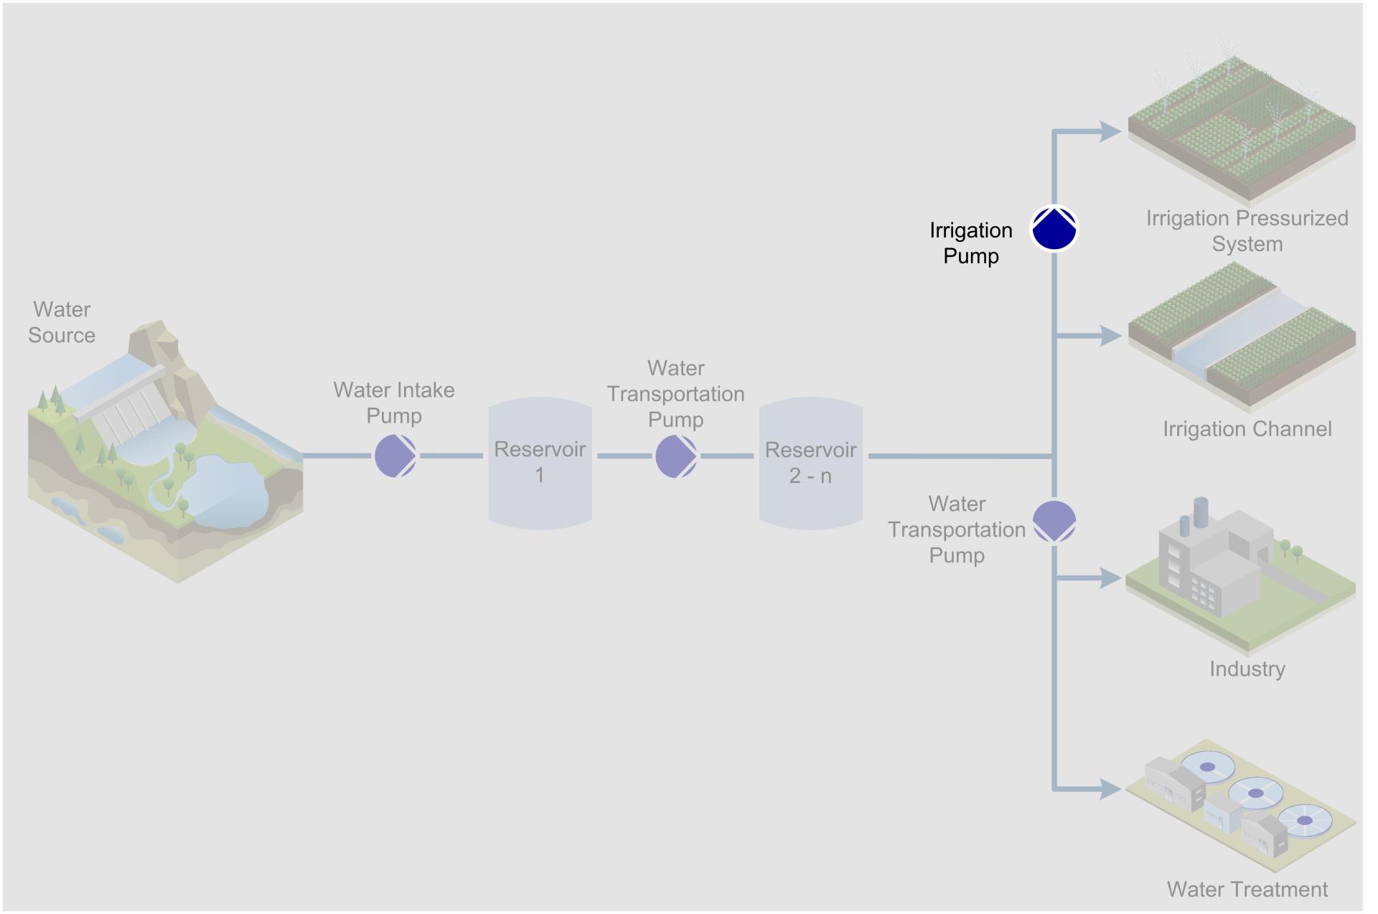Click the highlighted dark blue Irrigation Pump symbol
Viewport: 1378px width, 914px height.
[1054, 229]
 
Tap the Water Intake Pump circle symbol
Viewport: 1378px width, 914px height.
[395, 456]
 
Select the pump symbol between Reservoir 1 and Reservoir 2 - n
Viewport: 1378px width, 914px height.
[676, 456]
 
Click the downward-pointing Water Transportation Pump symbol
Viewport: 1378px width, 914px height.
[1054, 522]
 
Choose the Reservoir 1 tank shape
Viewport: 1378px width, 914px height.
[540, 463]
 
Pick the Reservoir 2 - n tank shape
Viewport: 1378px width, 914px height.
[810, 463]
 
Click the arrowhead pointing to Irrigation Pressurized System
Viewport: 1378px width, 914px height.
[1110, 131]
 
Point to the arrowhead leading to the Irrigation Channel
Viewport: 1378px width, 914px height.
[1110, 335]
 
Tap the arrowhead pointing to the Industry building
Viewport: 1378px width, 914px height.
[1110, 578]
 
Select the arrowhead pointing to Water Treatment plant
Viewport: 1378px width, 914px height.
[1110, 789]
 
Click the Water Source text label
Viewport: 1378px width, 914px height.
[62, 322]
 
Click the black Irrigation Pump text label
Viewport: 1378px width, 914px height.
[970, 242]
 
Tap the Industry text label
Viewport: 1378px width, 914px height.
[1247, 669]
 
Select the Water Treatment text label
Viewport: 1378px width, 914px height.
[1247, 889]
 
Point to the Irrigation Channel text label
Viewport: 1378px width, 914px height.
[1247, 429]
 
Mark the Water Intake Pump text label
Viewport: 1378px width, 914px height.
[393, 402]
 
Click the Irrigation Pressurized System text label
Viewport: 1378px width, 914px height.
[1247, 230]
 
